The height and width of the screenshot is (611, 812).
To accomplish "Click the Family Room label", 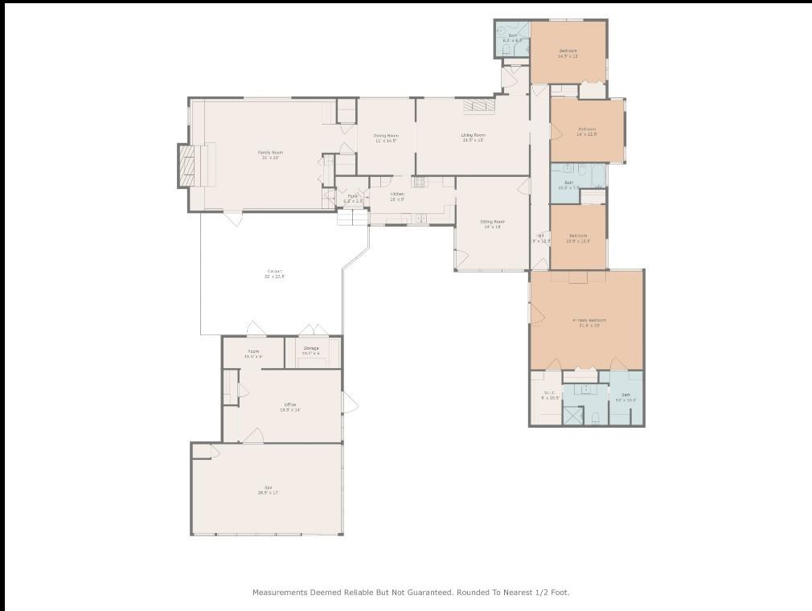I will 270,152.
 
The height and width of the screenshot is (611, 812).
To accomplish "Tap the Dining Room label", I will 386,136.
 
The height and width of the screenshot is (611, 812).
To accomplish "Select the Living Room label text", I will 473,135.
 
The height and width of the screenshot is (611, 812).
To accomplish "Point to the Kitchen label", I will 397,194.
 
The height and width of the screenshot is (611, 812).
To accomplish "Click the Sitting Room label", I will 492,221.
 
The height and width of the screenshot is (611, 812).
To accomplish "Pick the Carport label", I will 274,271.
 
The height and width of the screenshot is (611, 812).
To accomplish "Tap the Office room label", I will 289,404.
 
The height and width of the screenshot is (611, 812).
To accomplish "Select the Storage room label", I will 310,348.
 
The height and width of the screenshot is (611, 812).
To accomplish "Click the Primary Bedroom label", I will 589,320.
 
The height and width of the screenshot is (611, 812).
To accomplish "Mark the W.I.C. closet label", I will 548,394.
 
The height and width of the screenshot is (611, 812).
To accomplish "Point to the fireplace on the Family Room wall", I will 187,165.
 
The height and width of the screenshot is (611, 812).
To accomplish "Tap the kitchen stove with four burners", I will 419,182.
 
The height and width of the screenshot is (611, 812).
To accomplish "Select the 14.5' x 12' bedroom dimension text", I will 568,56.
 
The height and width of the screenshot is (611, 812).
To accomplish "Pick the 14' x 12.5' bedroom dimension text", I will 586,134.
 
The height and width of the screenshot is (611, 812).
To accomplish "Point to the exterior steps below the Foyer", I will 352,217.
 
